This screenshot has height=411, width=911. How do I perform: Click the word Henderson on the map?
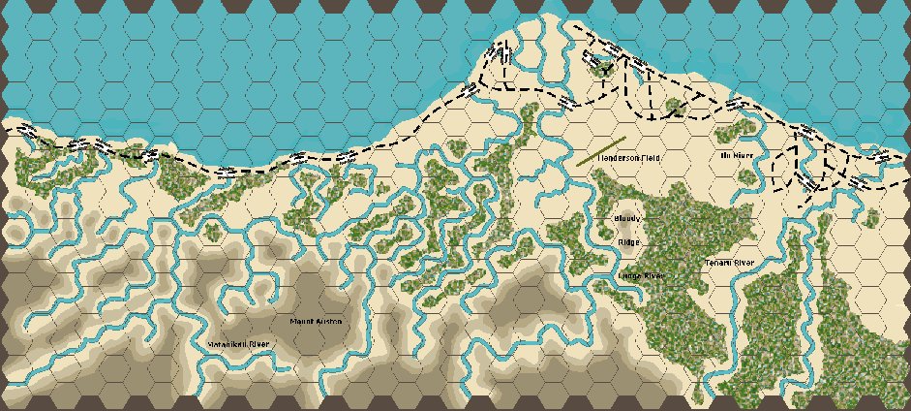616,156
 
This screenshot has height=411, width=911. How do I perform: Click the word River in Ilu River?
743,155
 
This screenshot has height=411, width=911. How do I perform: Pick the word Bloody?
628,219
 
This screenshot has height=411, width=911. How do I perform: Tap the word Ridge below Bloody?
629,242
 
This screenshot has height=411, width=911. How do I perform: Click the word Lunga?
630,276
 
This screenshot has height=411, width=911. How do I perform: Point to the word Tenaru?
716,263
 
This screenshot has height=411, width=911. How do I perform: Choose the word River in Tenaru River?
744,263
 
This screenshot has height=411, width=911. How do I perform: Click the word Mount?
303,321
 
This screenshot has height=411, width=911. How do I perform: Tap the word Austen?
329,321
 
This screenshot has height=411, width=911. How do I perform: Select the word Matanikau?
227,344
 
